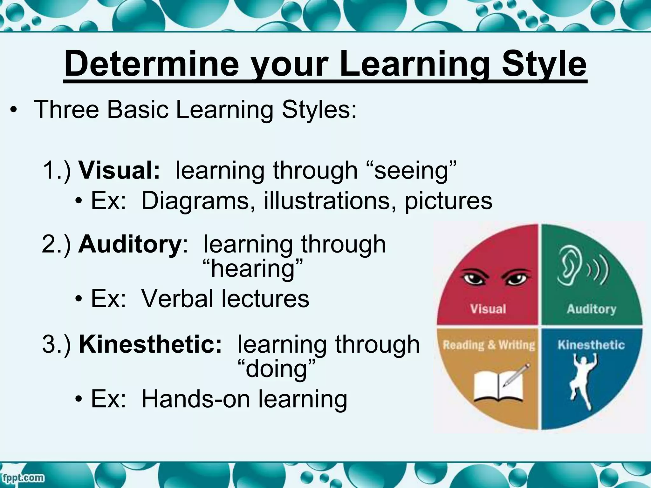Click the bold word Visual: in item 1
(119, 170)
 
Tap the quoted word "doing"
(276, 369)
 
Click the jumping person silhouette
(583, 381)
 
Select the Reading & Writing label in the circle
(489, 345)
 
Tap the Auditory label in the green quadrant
(591, 309)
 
